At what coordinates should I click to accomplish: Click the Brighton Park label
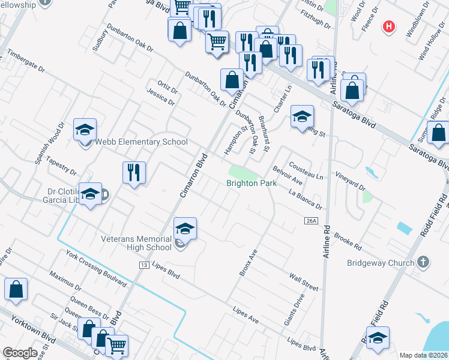click(x=252, y=183)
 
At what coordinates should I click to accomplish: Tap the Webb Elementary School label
click(x=142, y=142)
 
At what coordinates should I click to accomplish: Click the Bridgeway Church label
click(x=381, y=263)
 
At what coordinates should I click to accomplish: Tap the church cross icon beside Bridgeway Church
click(x=423, y=262)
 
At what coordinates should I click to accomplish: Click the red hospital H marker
click(x=390, y=26)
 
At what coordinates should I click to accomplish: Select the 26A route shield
click(x=310, y=221)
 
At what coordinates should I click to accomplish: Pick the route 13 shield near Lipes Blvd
click(x=143, y=265)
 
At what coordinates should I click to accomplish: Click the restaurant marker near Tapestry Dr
click(x=134, y=173)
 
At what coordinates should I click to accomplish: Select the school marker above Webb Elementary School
click(x=85, y=129)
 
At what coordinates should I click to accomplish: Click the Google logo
click(x=20, y=353)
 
